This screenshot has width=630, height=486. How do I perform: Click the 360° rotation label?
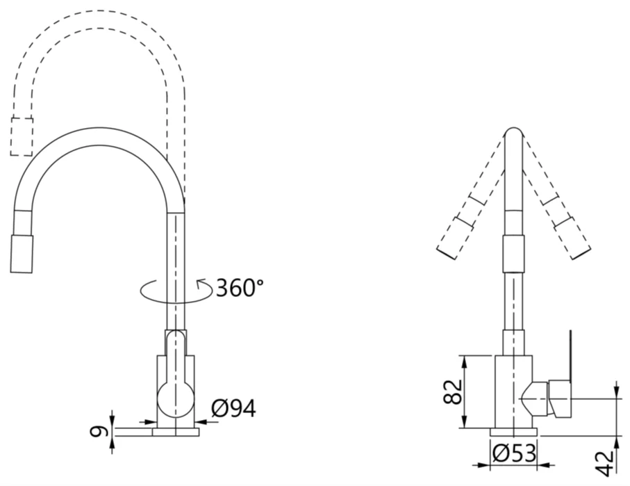240,287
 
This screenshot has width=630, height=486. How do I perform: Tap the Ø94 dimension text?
233,409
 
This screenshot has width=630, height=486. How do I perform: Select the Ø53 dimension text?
514,453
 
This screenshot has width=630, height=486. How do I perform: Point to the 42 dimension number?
604,464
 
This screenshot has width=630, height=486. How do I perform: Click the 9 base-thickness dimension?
99,432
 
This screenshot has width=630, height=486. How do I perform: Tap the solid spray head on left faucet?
22,254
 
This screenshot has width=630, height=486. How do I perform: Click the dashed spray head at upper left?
22,137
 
